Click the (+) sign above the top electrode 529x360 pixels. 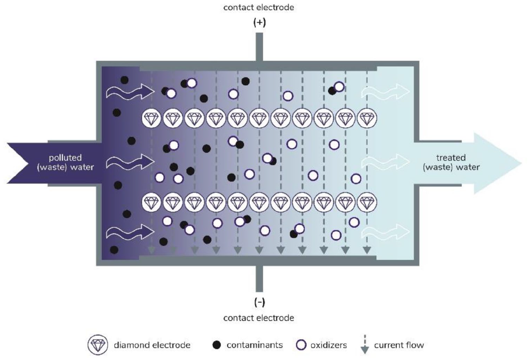(259, 23)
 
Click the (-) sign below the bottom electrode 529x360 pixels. (259, 302)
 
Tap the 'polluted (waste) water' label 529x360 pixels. (65, 162)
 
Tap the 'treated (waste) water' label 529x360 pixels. (451, 162)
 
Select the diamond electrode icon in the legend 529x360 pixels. (97, 345)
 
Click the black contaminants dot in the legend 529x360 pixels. (216, 345)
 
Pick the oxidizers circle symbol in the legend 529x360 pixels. (301, 345)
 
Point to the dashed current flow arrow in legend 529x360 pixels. (365, 345)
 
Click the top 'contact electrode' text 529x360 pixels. (258, 8)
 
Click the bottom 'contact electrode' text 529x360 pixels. (258, 318)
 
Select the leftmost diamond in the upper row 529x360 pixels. (151, 118)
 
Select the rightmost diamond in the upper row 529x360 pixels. (367, 118)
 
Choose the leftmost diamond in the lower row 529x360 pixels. (151, 202)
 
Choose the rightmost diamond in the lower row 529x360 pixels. (367, 202)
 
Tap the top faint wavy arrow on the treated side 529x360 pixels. (386, 92)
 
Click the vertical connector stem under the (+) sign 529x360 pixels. (259, 47)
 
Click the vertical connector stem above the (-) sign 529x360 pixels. (259, 278)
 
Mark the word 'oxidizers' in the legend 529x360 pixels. (329, 345)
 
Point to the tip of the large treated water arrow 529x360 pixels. (521, 163)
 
